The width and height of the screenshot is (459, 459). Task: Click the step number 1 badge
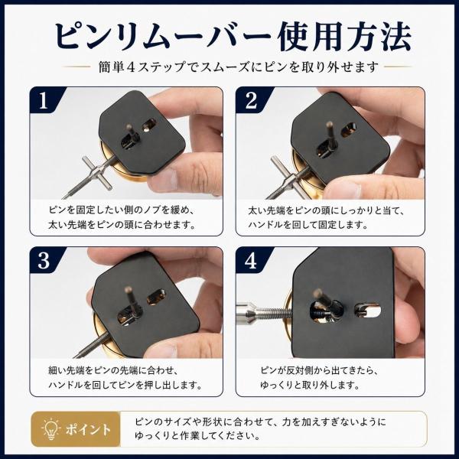tap(44, 100)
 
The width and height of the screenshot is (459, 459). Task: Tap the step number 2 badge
tap(251, 100)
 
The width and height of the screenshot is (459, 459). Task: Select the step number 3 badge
tap(44, 260)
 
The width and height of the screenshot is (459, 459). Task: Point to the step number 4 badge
tap(251, 260)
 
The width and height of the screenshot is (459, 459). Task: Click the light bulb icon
tap(51, 429)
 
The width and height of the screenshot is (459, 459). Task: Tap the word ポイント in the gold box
tap(88, 430)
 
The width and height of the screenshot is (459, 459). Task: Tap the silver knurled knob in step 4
tap(249, 313)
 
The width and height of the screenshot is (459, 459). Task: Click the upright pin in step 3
tap(130, 302)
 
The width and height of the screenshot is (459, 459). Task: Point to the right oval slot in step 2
tap(349, 130)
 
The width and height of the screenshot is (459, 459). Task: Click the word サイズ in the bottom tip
tap(175, 422)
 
